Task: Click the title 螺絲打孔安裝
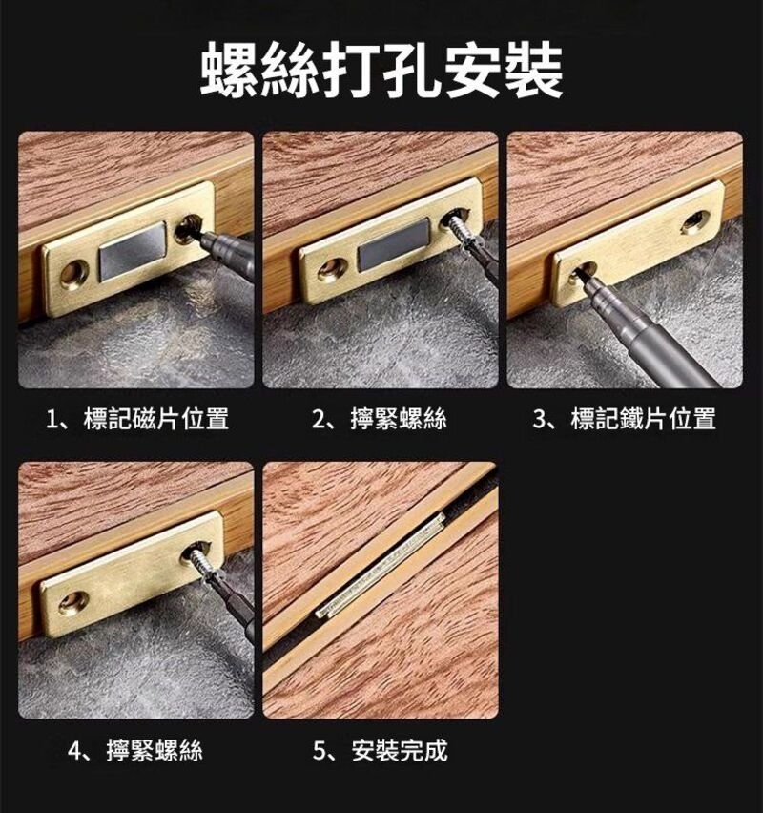click(381, 71)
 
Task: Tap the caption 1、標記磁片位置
click(137, 419)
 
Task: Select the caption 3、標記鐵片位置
click(625, 419)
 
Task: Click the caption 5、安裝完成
click(381, 750)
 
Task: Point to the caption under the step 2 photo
click(380, 419)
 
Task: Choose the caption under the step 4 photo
click(135, 750)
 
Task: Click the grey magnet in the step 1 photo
click(134, 251)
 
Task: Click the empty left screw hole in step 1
click(74, 273)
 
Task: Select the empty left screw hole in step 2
click(333, 268)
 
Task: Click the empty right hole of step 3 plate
click(695, 221)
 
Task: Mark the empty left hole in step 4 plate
click(73, 602)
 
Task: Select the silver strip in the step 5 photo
click(381, 565)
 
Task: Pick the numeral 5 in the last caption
click(319, 751)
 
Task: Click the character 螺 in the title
click(230, 71)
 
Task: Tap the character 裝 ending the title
click(534, 71)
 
